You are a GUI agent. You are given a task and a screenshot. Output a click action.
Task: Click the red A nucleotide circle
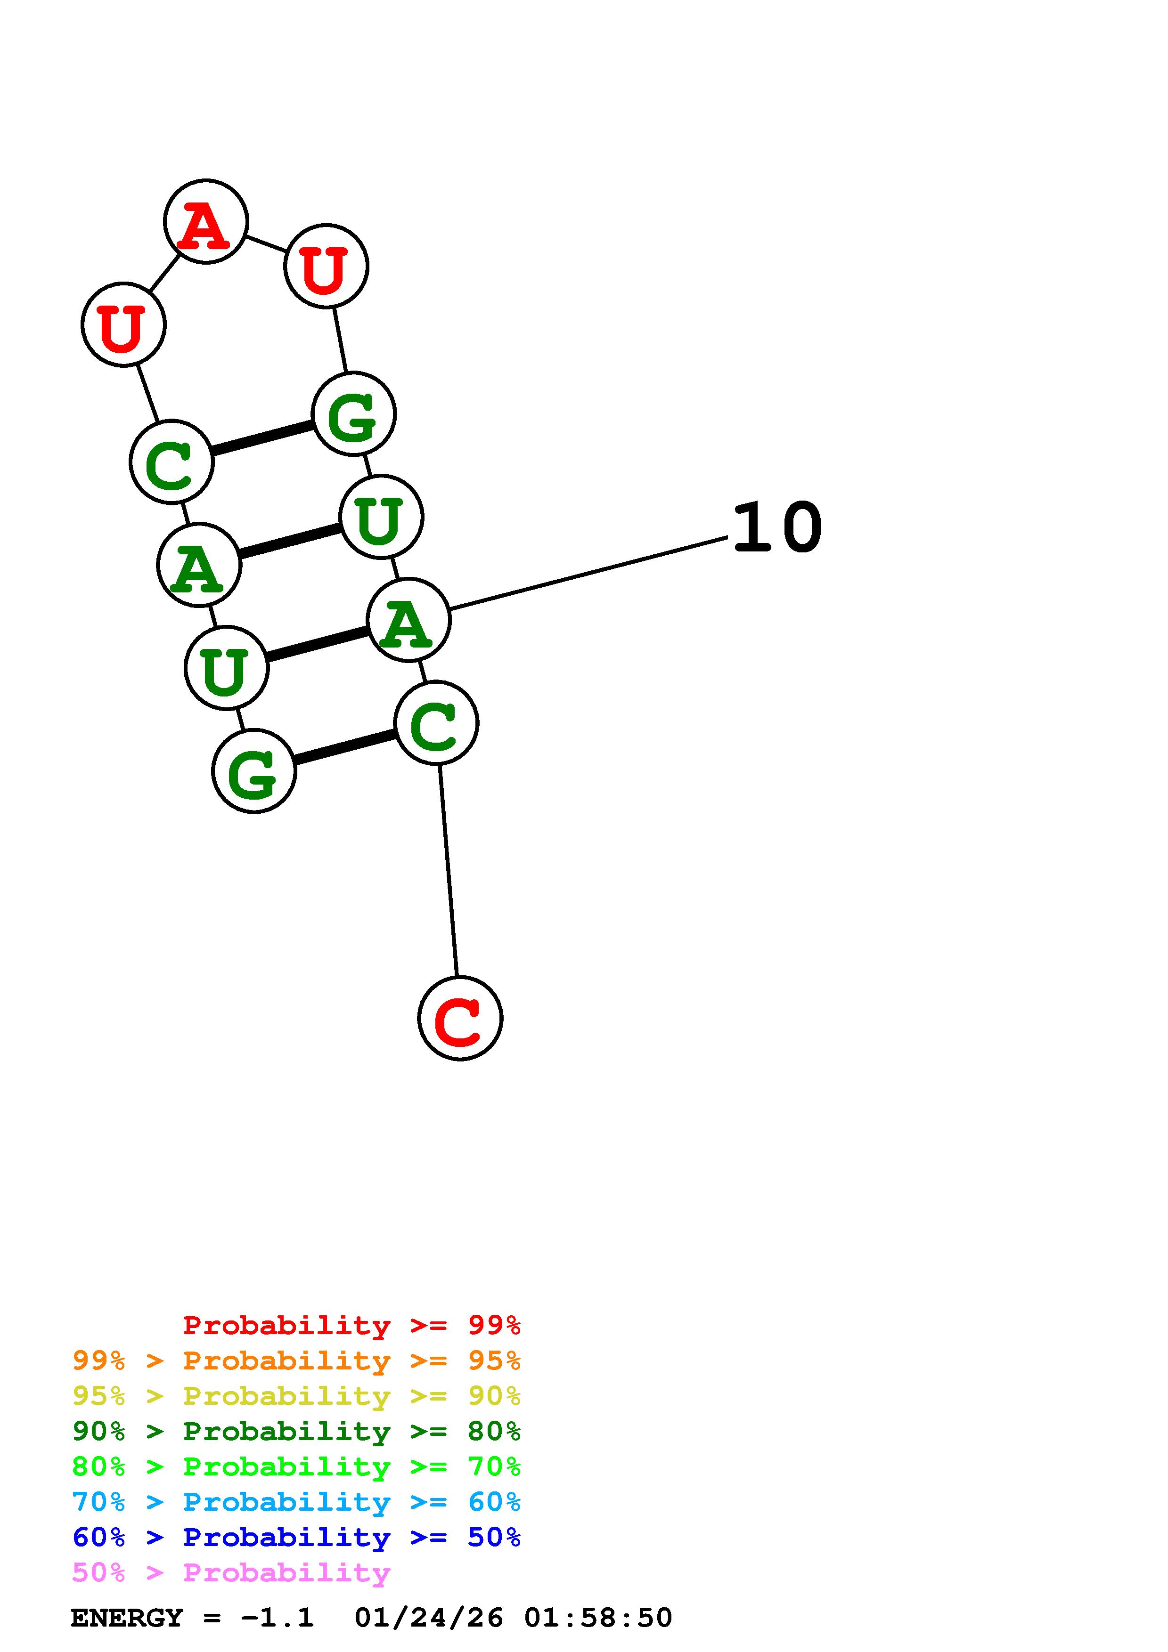point(206,222)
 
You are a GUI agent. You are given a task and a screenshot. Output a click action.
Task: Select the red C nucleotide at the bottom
point(460,1018)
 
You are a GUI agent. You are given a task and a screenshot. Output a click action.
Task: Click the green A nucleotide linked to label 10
point(408,620)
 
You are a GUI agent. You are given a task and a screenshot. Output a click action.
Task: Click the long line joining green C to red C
point(449,871)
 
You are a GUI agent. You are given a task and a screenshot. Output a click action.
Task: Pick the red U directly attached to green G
point(326,266)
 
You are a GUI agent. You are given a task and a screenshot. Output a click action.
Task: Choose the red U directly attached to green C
point(124,324)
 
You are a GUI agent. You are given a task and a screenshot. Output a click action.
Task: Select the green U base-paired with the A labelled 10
point(227,668)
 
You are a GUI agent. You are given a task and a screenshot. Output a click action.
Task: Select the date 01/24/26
point(429,1618)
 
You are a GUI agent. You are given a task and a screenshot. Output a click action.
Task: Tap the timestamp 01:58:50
point(598,1618)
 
